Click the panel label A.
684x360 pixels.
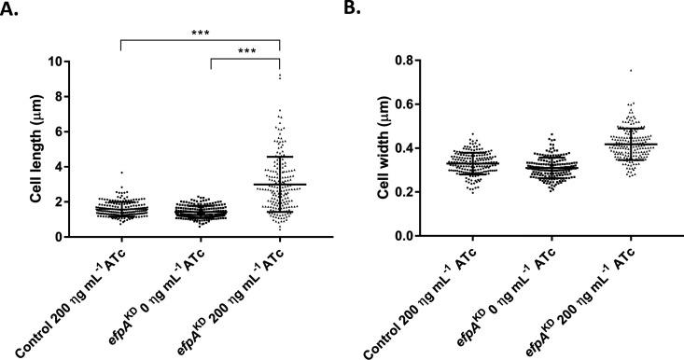[13, 10]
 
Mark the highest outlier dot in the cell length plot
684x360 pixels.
[280, 75]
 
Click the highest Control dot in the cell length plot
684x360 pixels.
[120, 173]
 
